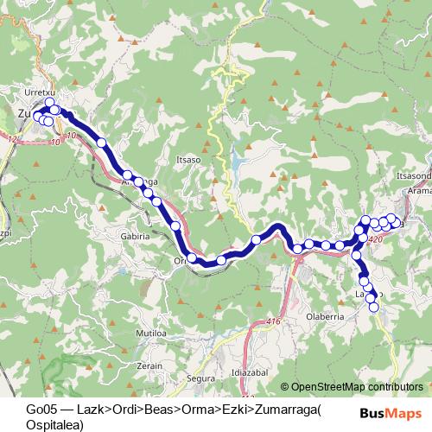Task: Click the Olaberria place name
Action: (x=326, y=317)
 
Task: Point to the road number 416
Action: (x=274, y=321)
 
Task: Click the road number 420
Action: (x=374, y=239)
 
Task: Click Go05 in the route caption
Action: (x=40, y=409)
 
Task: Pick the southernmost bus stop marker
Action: (x=374, y=307)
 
